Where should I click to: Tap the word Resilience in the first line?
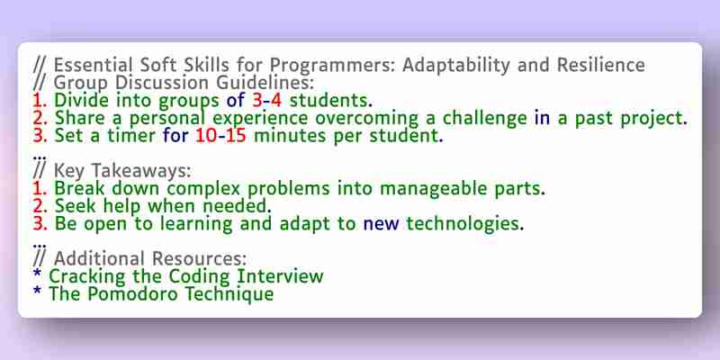(x=601, y=65)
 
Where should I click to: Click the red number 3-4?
(x=266, y=100)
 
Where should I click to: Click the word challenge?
(x=484, y=119)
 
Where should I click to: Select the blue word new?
(x=381, y=223)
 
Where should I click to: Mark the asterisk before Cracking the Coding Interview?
(x=37, y=274)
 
